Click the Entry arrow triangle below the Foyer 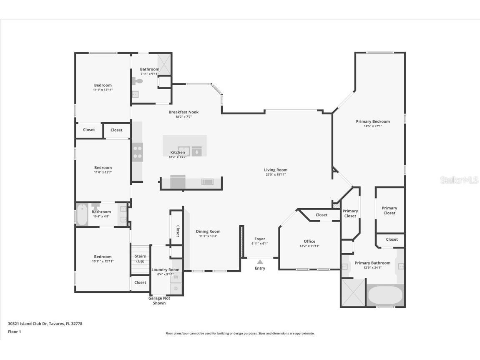(260, 262)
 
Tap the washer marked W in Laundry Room (176, 277)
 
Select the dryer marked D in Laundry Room (176, 288)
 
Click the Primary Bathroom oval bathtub (385, 295)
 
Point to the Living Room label (276, 170)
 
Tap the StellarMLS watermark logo (459, 180)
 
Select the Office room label (309, 241)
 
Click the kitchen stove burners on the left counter (138, 152)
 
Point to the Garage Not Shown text (159, 300)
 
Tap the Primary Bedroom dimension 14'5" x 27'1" (372, 126)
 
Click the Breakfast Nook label (183, 112)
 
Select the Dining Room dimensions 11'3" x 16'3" (208, 236)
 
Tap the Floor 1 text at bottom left (14, 332)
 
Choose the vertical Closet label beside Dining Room (177, 231)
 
